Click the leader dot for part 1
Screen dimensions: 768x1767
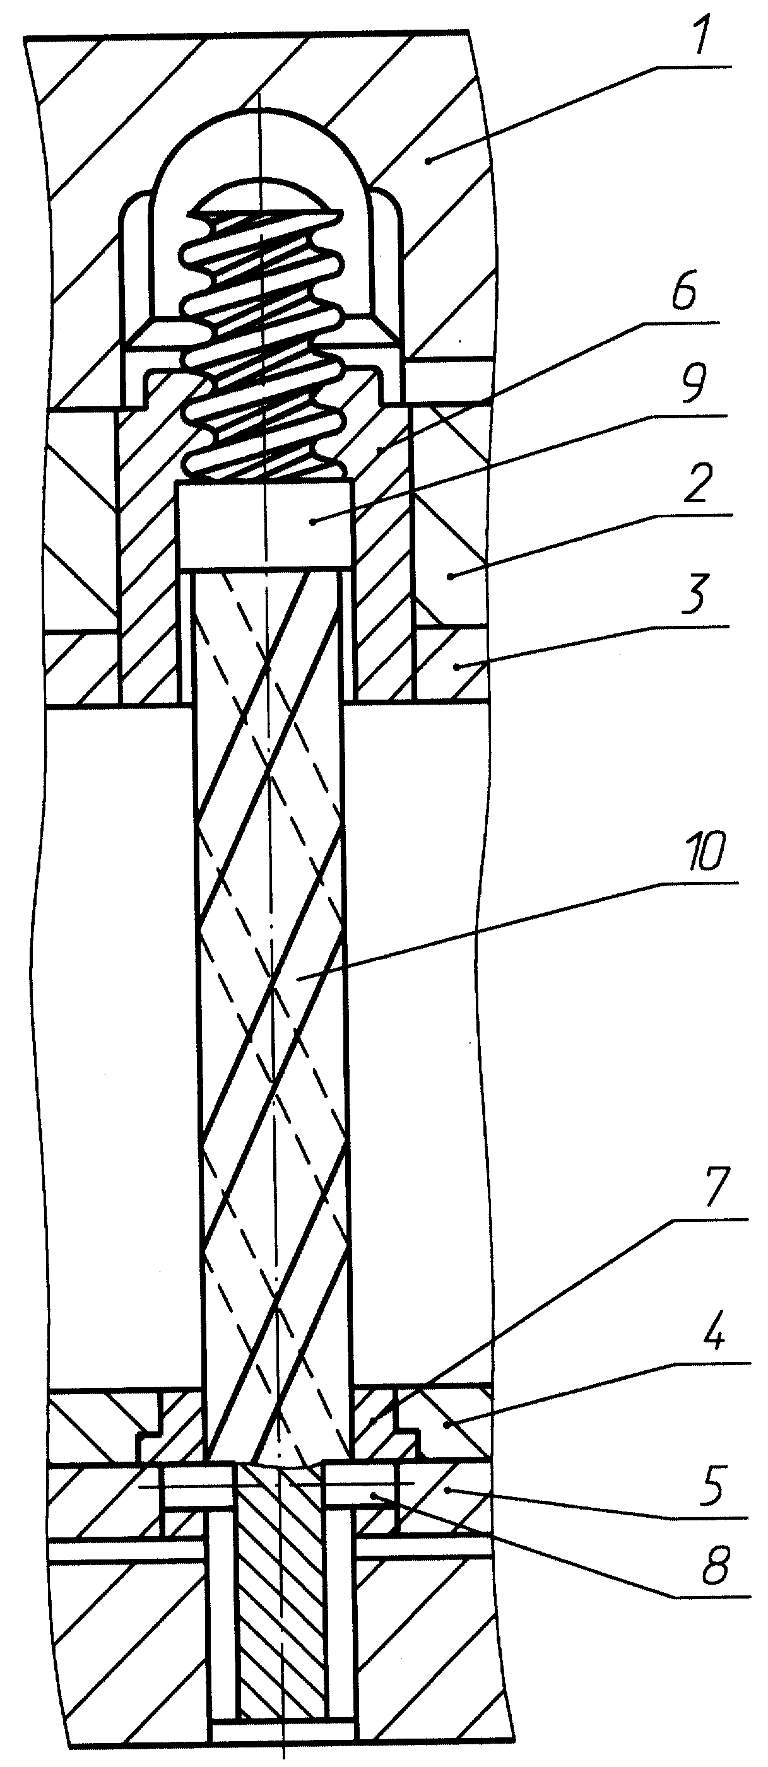tap(428, 160)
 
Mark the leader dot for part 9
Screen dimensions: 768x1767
tap(313, 522)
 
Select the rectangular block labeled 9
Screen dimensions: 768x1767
tap(265, 525)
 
